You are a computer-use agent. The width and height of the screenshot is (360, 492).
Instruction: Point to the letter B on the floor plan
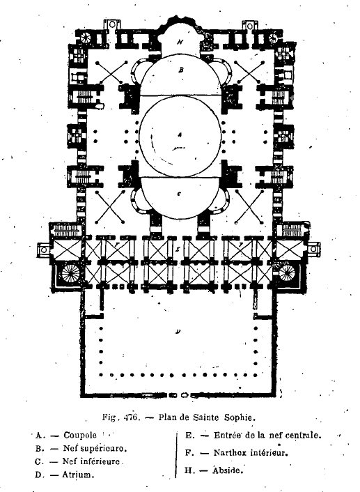pos(180,70)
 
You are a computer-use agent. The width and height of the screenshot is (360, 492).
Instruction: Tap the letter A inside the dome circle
pos(180,134)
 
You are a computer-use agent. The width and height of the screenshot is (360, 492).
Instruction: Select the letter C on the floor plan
pos(179,194)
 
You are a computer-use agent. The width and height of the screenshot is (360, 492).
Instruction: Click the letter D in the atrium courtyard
pos(178,331)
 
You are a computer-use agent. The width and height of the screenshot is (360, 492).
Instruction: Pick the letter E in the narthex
pos(178,249)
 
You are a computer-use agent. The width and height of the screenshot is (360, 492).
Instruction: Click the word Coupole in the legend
pos(80,436)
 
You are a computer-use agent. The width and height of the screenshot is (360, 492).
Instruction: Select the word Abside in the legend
pos(228,470)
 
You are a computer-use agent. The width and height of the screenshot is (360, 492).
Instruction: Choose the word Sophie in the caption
pos(240,417)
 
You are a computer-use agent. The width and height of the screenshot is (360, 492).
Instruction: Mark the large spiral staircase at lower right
pos(287,272)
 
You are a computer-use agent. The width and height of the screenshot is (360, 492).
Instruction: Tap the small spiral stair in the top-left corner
pos(85,38)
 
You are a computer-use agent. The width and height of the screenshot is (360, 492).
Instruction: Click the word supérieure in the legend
pos(104,449)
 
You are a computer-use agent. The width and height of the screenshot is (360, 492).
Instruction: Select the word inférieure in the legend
pos(100,461)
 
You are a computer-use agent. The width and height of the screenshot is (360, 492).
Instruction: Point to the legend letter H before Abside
pos(188,470)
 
